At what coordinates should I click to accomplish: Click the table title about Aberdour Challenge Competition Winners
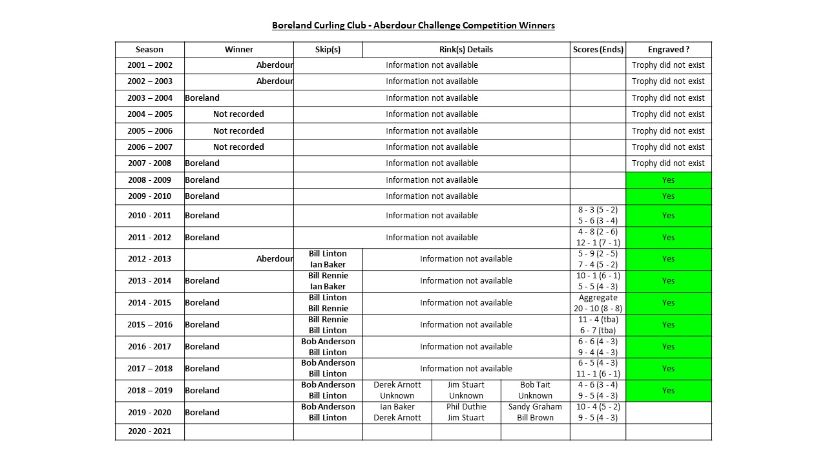click(413, 26)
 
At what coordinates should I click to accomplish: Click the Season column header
click(149, 50)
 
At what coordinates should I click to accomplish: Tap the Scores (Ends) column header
click(598, 50)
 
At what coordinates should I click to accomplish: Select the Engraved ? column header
click(668, 50)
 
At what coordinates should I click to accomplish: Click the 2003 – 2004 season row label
click(149, 98)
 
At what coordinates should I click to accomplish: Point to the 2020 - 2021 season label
click(149, 431)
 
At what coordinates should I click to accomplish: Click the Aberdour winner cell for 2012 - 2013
click(275, 259)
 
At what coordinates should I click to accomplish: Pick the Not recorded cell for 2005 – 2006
click(238, 130)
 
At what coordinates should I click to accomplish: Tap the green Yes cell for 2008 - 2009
click(668, 180)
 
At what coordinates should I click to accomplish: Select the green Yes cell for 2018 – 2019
click(668, 390)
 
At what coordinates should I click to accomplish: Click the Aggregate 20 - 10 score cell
click(598, 303)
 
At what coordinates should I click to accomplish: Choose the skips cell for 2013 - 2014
click(328, 281)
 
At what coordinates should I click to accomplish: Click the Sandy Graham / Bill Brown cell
click(535, 412)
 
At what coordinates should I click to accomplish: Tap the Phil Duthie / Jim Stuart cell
click(466, 412)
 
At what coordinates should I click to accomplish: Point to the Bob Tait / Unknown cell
click(535, 390)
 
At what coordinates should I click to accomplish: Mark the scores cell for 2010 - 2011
click(598, 216)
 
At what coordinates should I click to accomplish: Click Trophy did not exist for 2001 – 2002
click(668, 65)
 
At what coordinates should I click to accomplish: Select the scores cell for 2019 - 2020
click(598, 412)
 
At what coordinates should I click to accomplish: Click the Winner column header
click(238, 50)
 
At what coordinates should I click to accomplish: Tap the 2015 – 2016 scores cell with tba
click(598, 325)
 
